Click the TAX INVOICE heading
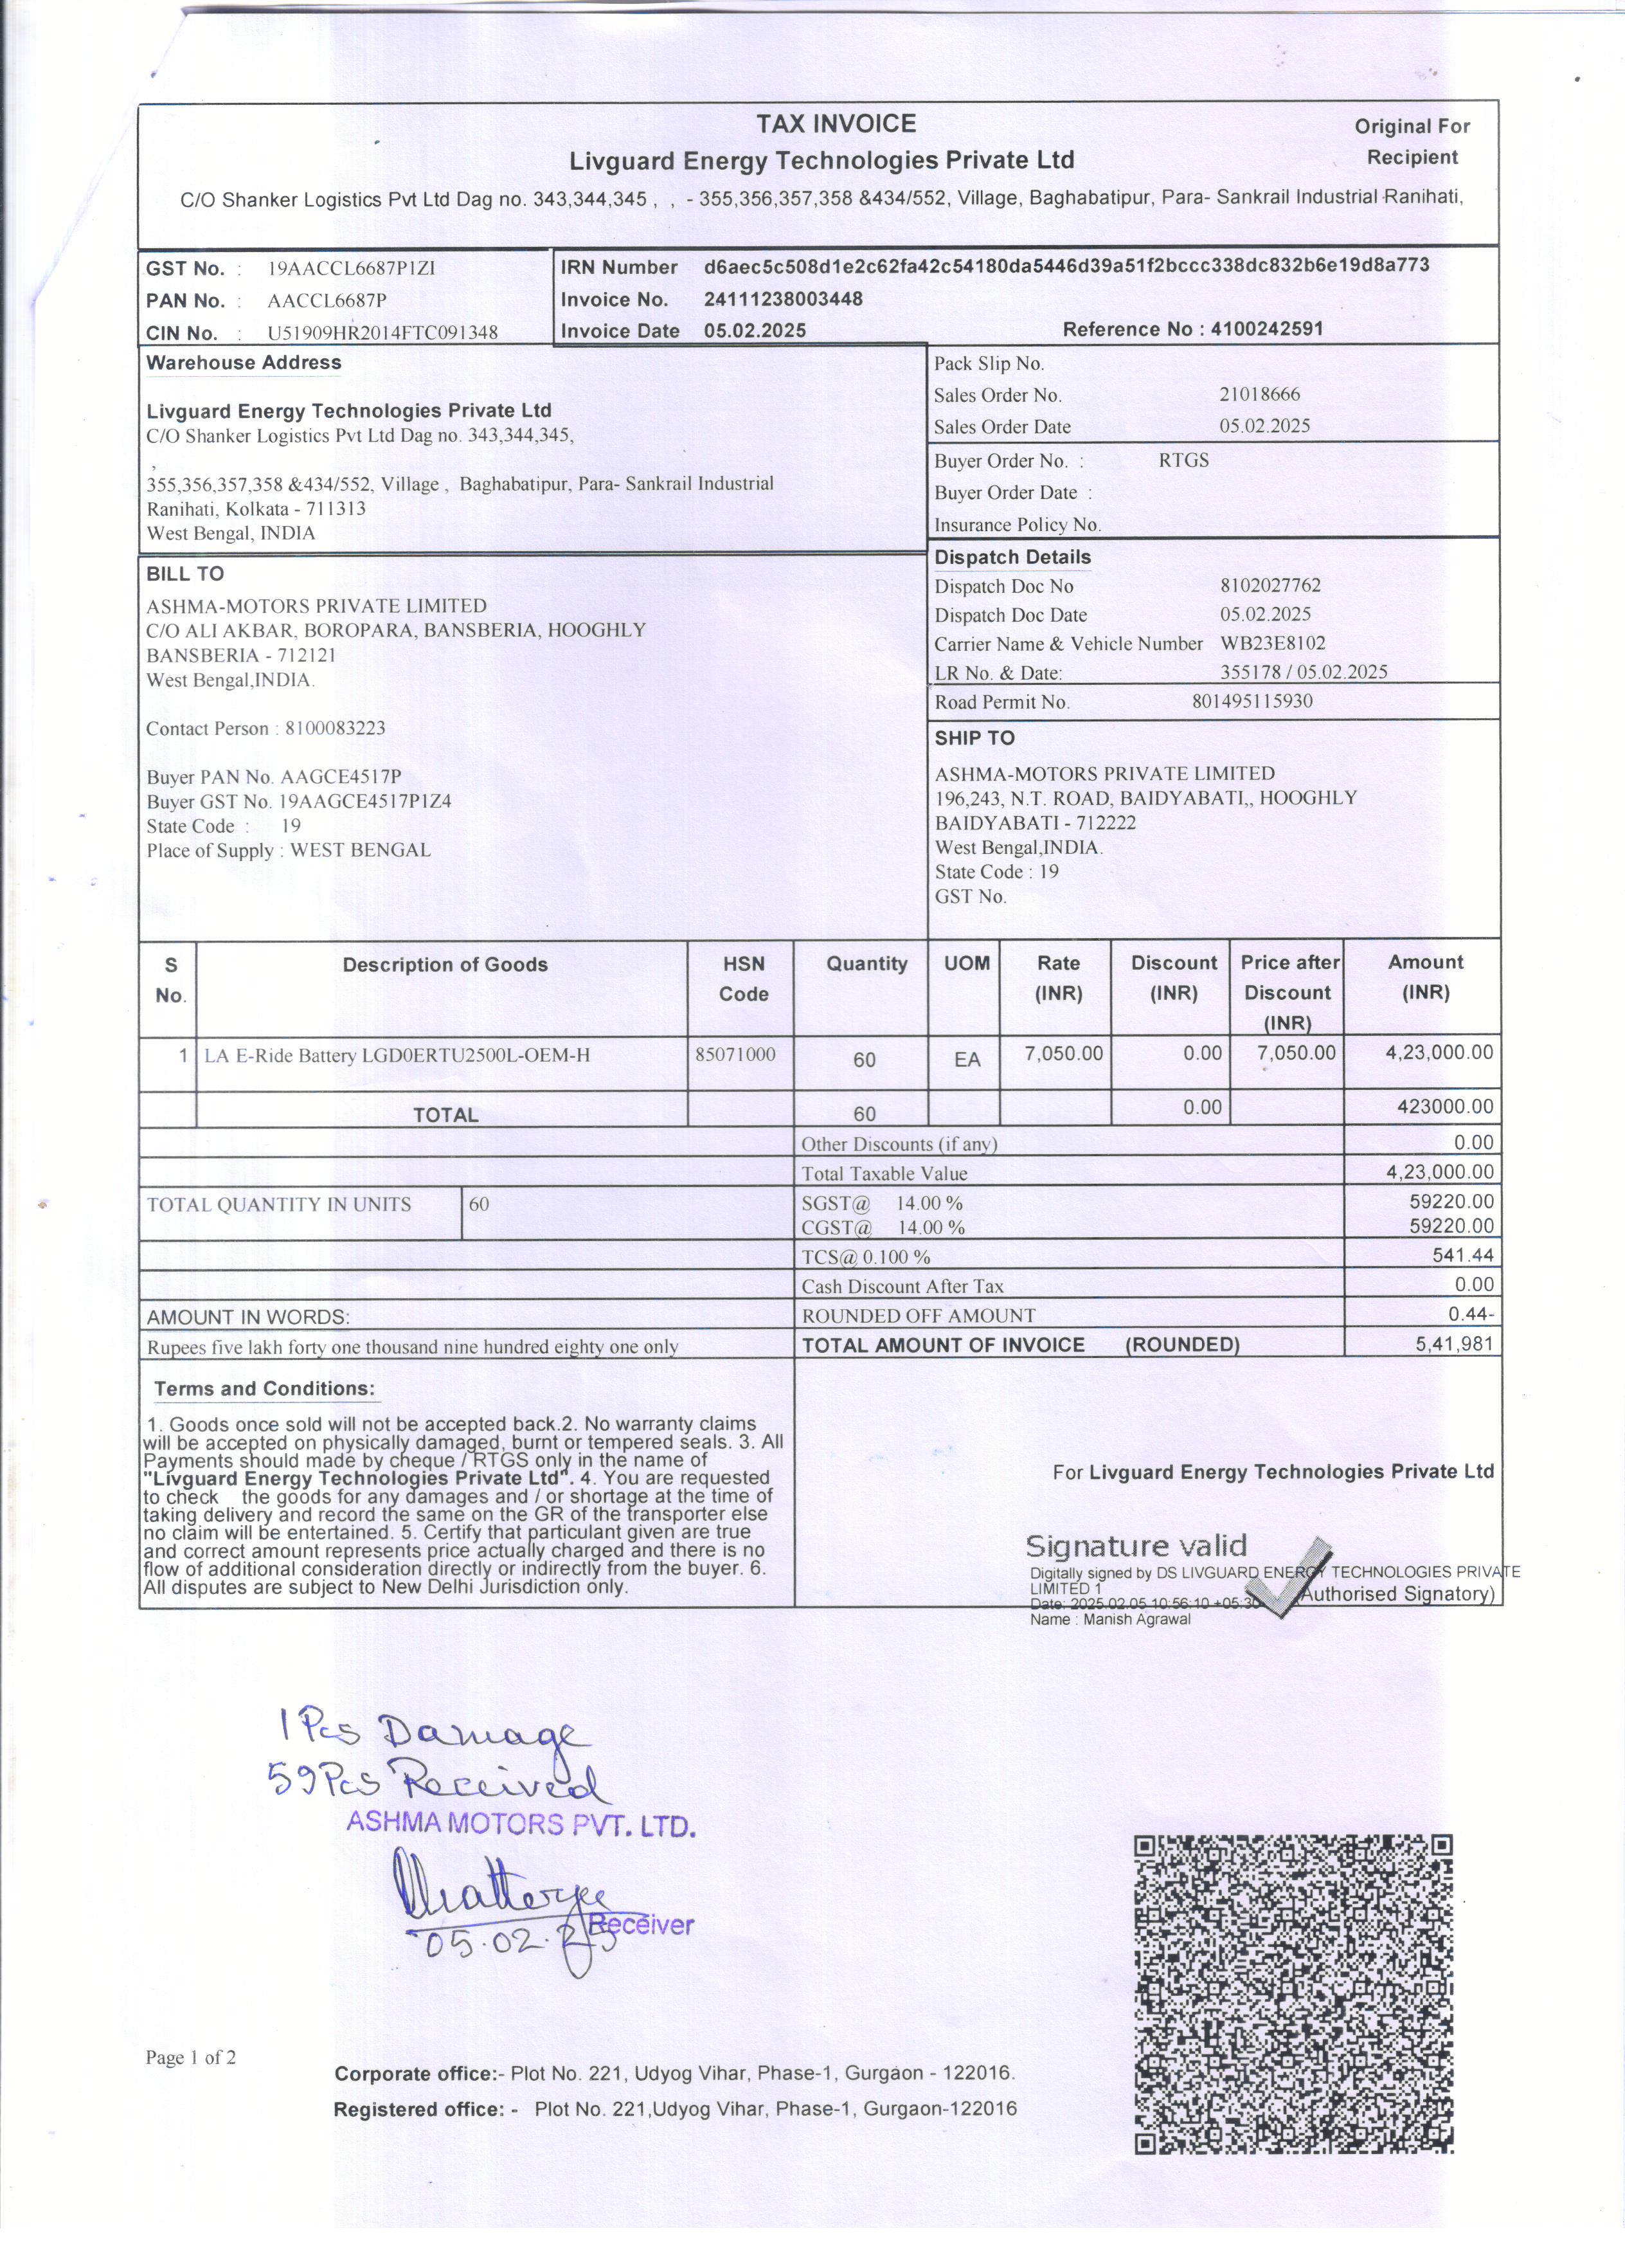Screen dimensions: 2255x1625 (x=836, y=124)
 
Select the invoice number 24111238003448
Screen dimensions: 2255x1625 (x=783, y=299)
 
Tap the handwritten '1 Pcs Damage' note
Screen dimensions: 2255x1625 (x=427, y=1734)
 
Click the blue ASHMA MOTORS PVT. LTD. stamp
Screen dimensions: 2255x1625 (x=520, y=1824)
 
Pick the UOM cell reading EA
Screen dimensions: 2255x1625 (x=967, y=1060)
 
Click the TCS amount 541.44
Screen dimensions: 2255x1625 (x=1463, y=1254)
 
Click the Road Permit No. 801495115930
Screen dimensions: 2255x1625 (x=1252, y=701)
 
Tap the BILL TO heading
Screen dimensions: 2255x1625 (x=185, y=574)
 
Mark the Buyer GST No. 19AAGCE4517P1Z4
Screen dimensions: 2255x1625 (x=364, y=801)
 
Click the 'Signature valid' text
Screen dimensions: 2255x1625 (x=1135, y=1546)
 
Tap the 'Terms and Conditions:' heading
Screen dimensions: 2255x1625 (x=264, y=1389)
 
